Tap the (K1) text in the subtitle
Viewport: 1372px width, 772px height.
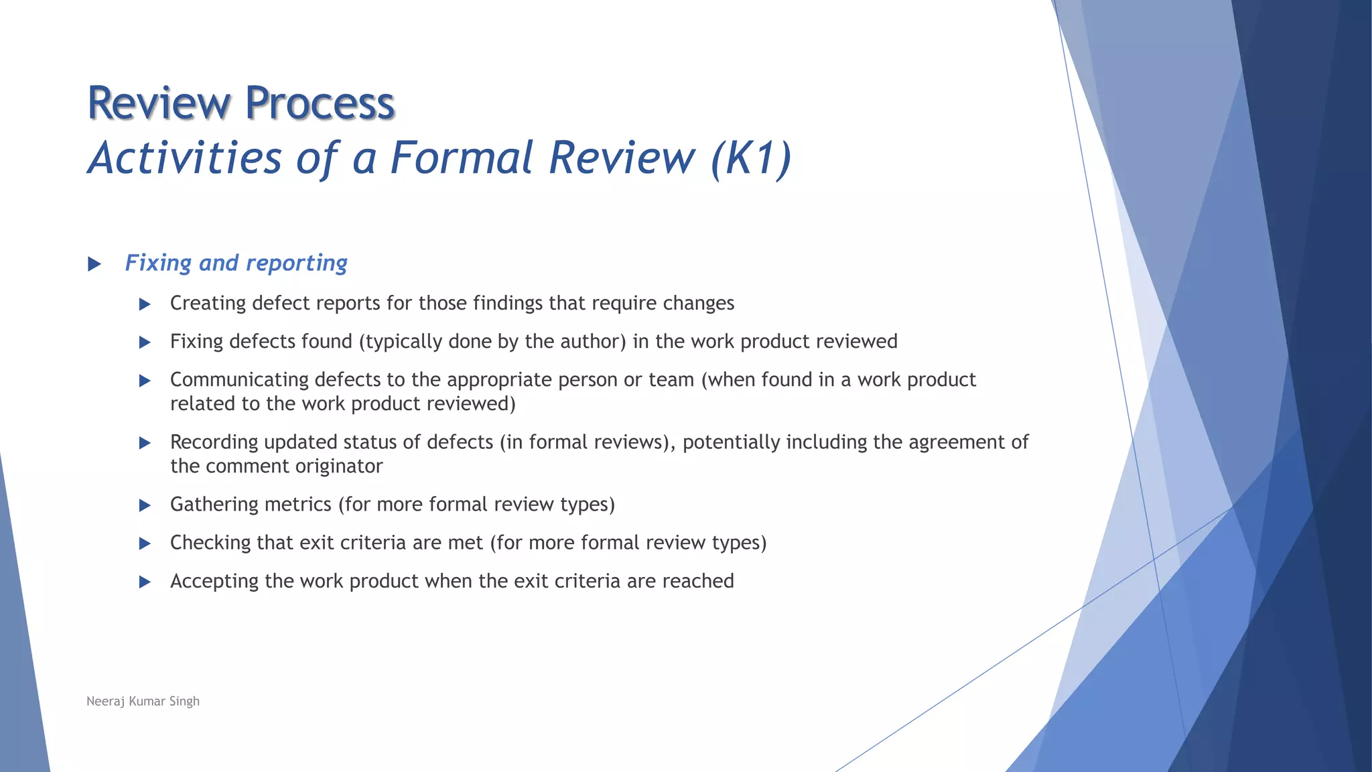tap(751, 158)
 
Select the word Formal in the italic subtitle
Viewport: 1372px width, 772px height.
tap(462, 158)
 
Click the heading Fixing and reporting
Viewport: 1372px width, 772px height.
tap(236, 263)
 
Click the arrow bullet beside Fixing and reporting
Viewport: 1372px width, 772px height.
tap(94, 264)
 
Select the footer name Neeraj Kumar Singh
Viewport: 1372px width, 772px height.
tap(143, 702)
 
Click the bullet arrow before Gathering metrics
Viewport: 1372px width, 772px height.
tap(145, 506)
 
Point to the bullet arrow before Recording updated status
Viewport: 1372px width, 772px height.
tap(145, 443)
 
